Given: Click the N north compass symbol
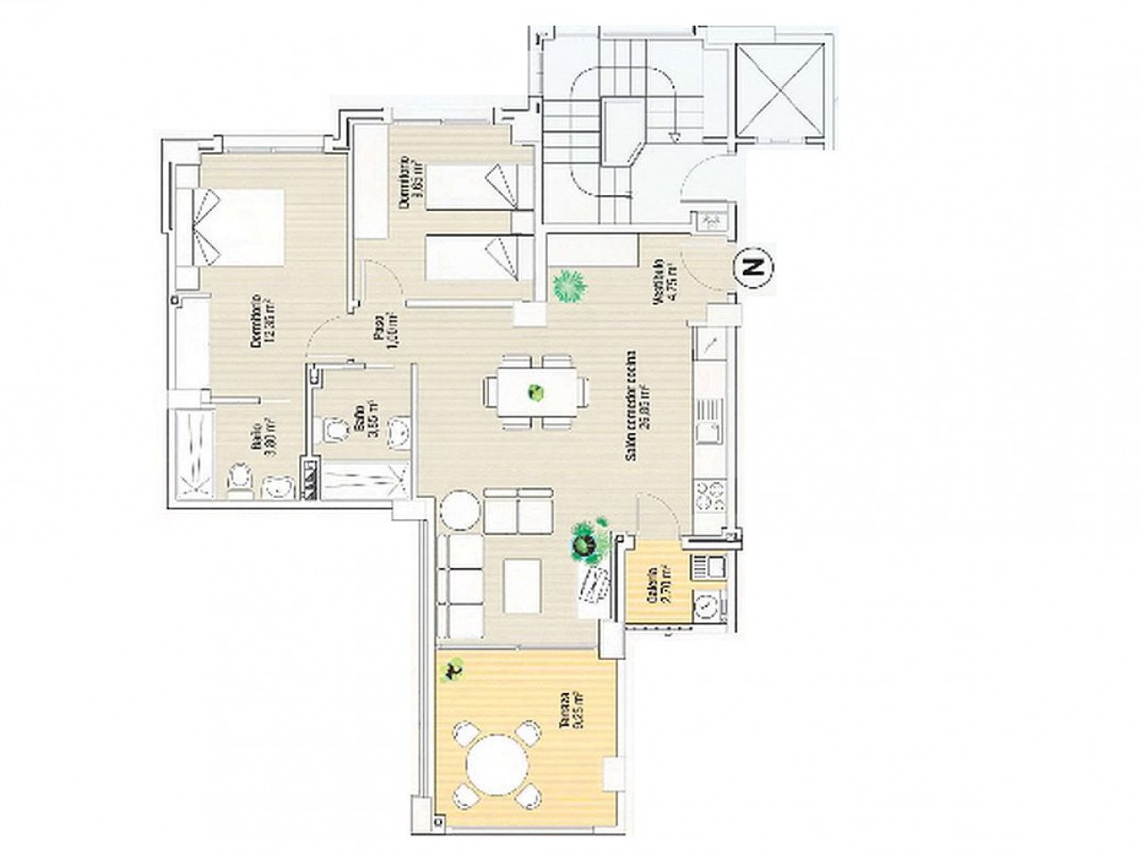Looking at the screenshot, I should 754,266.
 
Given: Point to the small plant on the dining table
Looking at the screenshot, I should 535,392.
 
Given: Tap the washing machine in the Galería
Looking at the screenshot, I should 709,606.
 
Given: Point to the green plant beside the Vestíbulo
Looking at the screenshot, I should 566,286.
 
